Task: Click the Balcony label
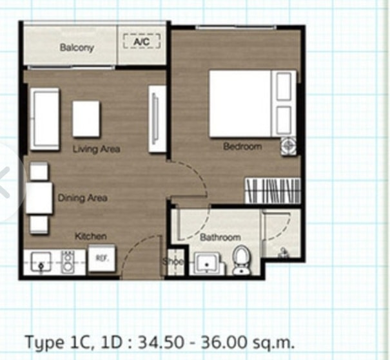point(77,47)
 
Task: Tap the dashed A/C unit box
point(142,41)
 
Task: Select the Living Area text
point(97,149)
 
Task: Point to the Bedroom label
point(242,146)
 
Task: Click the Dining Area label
point(83,198)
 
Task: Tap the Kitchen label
point(91,236)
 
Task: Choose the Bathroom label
point(220,237)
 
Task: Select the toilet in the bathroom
point(241,260)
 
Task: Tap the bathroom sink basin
point(206,263)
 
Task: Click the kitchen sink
point(41,262)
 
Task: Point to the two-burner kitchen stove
point(68,262)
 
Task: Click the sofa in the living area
point(44,119)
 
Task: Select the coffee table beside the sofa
point(86,118)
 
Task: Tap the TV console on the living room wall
point(157,118)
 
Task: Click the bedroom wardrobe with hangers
point(273,191)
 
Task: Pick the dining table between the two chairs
point(39,198)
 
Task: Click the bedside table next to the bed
point(289,146)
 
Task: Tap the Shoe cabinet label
point(173,261)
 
